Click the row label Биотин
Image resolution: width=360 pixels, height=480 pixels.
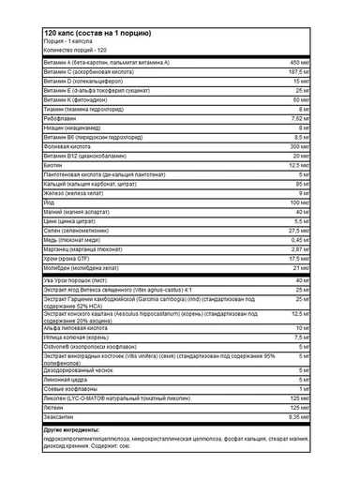(x=53, y=191)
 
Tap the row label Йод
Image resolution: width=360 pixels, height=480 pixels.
(x=50, y=228)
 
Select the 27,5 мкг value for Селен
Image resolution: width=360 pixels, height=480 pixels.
(x=298, y=256)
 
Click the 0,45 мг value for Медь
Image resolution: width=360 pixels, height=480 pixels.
(x=299, y=265)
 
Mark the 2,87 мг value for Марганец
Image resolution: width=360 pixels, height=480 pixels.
(x=299, y=275)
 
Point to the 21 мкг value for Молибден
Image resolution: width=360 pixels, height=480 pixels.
(x=301, y=293)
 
